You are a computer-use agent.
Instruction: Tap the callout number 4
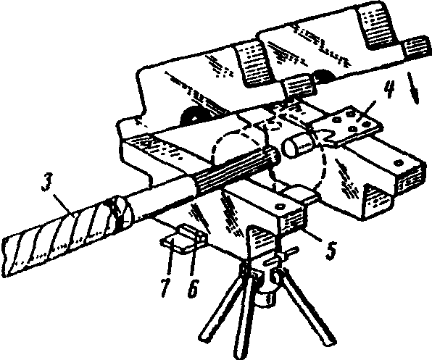pyautogui.click(x=388, y=89)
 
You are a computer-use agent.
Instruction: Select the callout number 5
pyautogui.click(x=331, y=251)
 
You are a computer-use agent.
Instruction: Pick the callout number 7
pyautogui.click(x=165, y=288)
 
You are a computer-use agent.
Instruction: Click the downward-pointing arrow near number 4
pyautogui.click(x=413, y=88)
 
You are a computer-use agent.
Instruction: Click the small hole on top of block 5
pyautogui.click(x=281, y=206)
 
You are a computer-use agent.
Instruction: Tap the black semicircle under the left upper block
pyautogui.click(x=193, y=115)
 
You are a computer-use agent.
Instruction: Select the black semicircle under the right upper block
pyautogui.click(x=325, y=71)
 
